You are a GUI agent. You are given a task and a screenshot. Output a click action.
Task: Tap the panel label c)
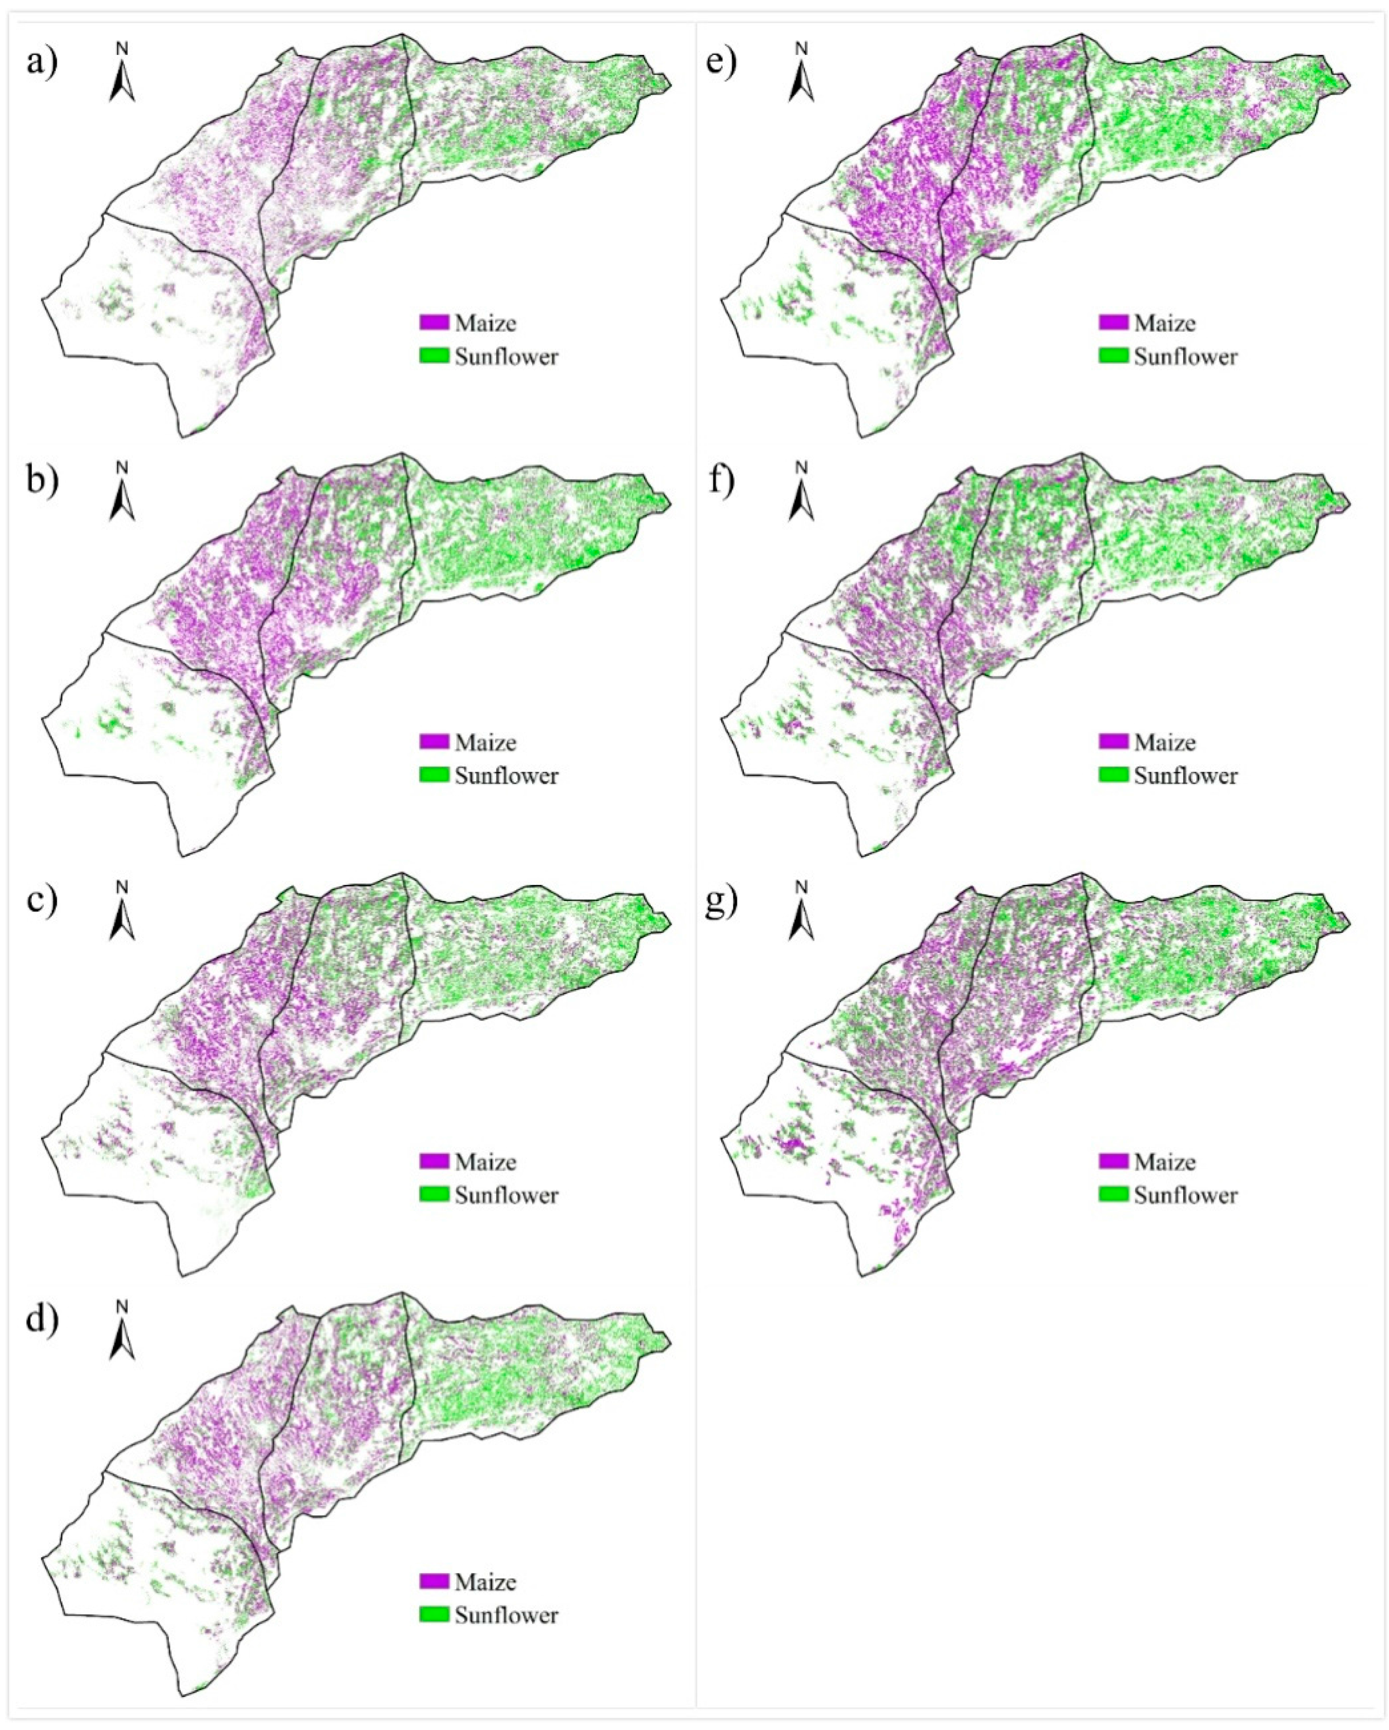(42, 901)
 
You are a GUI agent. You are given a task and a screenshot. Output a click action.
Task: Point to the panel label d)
(42, 1320)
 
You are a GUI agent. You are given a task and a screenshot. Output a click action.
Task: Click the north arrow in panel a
(122, 80)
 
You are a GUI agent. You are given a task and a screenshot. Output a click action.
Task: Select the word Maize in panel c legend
(485, 1162)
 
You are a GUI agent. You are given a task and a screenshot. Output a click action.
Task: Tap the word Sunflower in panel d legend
(506, 1615)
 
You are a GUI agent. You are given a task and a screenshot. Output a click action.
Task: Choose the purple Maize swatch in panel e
(1114, 322)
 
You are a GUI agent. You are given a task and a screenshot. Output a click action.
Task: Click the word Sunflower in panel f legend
(1186, 775)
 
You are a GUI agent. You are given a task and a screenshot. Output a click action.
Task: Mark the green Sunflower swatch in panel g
(1114, 1195)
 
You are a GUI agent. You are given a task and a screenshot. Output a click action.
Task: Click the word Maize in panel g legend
(1165, 1162)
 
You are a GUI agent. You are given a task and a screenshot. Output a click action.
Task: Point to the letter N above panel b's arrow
(122, 467)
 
